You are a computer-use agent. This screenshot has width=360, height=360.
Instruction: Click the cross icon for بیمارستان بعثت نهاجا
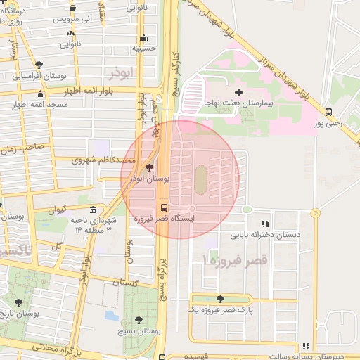tap(238, 92)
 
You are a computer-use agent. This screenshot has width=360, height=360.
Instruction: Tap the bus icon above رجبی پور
tap(328, 112)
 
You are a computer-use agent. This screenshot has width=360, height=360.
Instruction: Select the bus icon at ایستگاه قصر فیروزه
tap(164, 207)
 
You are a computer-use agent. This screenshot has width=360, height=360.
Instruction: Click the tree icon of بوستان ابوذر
tap(148, 168)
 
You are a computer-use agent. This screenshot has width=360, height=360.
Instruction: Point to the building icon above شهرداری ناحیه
tap(94, 210)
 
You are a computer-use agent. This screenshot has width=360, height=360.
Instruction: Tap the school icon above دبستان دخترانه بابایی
tap(265, 223)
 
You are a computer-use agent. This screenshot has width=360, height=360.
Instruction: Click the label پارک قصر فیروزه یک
tap(221, 309)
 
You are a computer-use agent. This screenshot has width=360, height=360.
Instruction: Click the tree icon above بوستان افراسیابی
tap(38, 65)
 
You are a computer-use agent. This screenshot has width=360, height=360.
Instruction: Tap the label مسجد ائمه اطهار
tap(39, 105)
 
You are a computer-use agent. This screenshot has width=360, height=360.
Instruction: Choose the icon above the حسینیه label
tap(143, 39)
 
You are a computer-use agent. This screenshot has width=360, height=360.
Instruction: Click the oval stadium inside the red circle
tap(200, 176)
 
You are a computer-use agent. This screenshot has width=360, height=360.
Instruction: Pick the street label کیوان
tap(57, 210)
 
